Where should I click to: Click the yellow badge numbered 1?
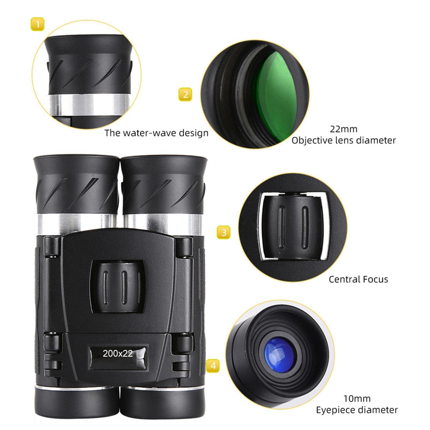point(37,24)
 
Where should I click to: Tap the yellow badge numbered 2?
point(185,95)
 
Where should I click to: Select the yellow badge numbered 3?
point(224,232)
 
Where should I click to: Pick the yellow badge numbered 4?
point(213,366)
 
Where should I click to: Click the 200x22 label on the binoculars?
point(118,353)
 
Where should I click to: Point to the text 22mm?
point(344,129)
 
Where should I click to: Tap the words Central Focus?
point(358,279)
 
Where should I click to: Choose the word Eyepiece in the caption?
point(335,410)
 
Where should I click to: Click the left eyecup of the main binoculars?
point(77,185)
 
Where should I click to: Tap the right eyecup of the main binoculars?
point(164,185)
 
